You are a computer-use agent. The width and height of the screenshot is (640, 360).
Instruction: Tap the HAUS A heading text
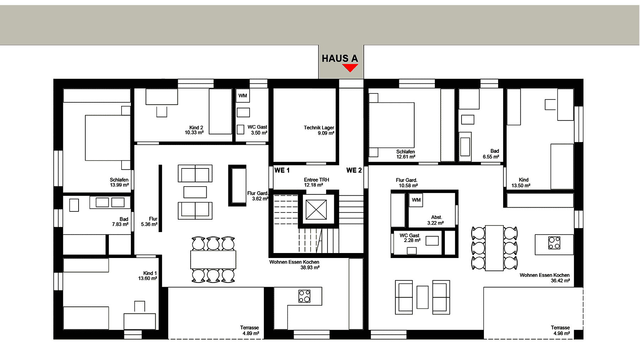tap(340, 59)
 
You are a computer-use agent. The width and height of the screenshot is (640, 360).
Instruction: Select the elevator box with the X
tap(316, 210)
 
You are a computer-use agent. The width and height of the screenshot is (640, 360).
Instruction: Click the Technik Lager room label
tap(319, 128)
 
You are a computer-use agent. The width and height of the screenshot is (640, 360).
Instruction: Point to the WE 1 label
tap(282, 171)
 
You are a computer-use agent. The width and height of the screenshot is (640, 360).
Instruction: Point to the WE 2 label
tap(354, 171)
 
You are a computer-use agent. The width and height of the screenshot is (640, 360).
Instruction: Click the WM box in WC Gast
tap(243, 96)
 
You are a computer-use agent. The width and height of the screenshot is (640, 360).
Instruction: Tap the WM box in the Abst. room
tap(416, 200)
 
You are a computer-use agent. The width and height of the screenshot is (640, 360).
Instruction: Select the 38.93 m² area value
tap(310, 268)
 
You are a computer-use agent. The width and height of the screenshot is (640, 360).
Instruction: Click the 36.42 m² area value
tap(560, 281)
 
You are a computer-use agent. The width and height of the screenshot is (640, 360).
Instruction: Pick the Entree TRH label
tap(316, 180)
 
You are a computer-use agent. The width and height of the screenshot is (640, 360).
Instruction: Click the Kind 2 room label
tap(196, 128)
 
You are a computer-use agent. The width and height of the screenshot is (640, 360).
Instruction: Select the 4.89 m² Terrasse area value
tap(251, 333)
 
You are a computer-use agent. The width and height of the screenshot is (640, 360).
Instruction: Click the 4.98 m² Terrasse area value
tap(562, 333)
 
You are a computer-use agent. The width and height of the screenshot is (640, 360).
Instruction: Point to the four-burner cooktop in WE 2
tap(554, 243)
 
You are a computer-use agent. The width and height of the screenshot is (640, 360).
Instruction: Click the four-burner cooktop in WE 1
tap(304, 296)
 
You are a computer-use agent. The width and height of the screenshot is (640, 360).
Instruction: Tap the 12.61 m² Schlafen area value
tap(406, 157)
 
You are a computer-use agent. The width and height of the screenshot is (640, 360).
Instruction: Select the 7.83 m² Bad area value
tap(120, 224)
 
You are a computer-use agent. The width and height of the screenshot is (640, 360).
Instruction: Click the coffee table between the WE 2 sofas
tap(422, 297)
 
